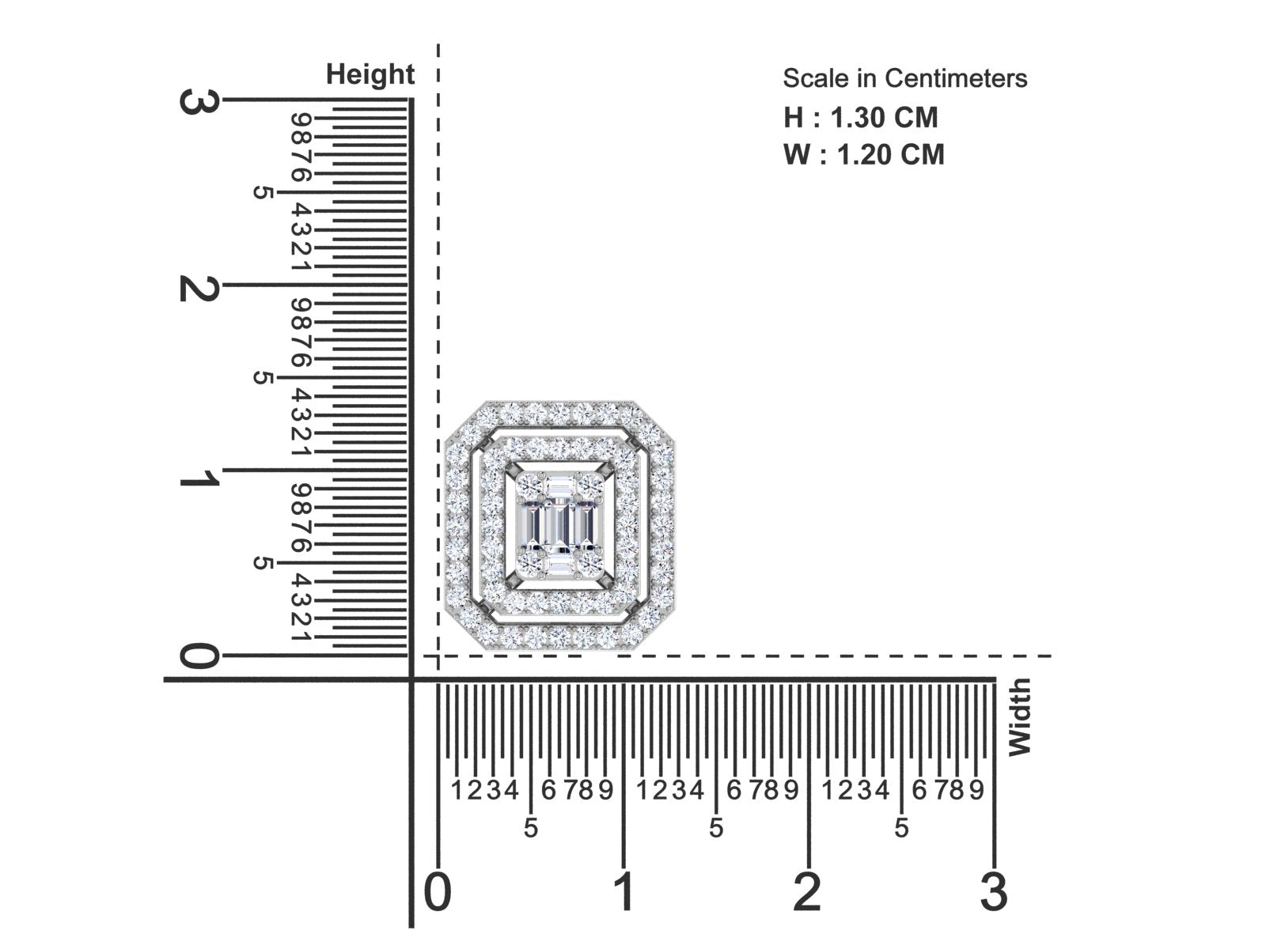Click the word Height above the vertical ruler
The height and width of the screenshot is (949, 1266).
coord(370,74)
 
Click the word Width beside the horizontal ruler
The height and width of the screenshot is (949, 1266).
coord(1018,716)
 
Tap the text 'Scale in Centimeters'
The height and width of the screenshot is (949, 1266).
coord(904,78)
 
